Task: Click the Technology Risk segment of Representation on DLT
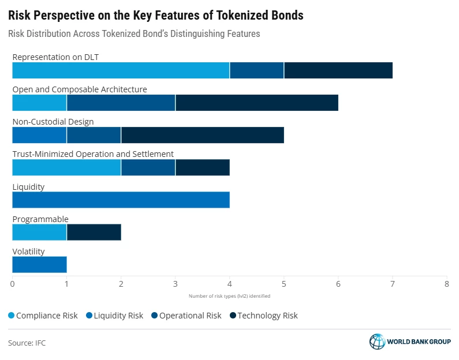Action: click(338, 70)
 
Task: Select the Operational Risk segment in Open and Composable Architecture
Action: click(121, 103)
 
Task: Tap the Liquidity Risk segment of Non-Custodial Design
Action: click(39, 135)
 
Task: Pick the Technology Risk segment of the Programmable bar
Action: click(94, 232)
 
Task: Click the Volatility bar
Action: click(39, 264)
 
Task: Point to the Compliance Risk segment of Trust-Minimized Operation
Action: click(66, 167)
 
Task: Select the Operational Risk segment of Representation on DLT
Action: click(257, 70)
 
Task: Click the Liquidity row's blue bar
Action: click(121, 200)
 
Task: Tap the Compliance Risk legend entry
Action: click(43, 316)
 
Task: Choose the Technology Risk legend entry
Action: click(264, 316)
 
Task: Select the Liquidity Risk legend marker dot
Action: click(88, 316)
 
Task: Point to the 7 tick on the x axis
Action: click(393, 283)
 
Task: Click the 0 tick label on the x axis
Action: click(13, 283)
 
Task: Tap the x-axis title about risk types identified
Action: click(229, 296)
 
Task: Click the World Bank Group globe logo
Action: click(377, 342)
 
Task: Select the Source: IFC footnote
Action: click(27, 343)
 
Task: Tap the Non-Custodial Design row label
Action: click(53, 122)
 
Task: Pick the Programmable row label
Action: click(40, 219)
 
